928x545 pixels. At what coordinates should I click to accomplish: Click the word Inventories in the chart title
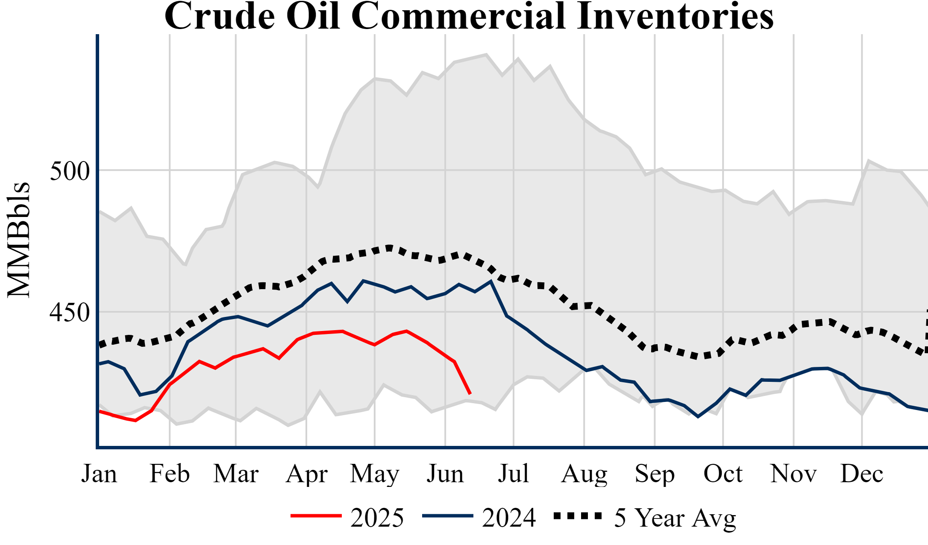click(x=675, y=16)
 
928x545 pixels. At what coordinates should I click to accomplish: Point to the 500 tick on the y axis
click(x=70, y=171)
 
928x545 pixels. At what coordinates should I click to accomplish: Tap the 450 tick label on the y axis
click(x=70, y=313)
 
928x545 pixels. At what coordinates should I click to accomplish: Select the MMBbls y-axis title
click(x=19, y=240)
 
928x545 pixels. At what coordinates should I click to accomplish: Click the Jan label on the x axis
click(x=99, y=474)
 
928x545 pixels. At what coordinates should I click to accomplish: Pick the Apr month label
click(x=307, y=474)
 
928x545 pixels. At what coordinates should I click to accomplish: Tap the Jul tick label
click(x=514, y=474)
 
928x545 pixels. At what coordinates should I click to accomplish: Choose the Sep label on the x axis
click(x=655, y=474)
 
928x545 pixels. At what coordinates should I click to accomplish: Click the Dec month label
click(x=862, y=474)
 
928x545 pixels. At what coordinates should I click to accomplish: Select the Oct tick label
click(x=723, y=474)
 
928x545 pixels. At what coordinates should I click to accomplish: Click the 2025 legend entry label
click(x=377, y=518)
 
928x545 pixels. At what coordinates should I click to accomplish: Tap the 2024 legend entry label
click(x=509, y=518)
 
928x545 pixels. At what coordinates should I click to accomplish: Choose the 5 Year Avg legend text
click(x=675, y=518)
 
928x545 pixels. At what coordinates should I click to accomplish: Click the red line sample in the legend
click(x=316, y=516)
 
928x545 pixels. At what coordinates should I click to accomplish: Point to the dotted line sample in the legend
click(x=578, y=516)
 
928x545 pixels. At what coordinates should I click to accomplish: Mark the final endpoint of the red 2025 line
click(x=470, y=393)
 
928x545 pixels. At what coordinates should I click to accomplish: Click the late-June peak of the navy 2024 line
click(x=491, y=281)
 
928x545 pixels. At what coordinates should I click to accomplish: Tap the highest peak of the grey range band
click(x=486, y=54)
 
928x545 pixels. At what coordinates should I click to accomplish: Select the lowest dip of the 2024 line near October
click(x=698, y=416)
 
